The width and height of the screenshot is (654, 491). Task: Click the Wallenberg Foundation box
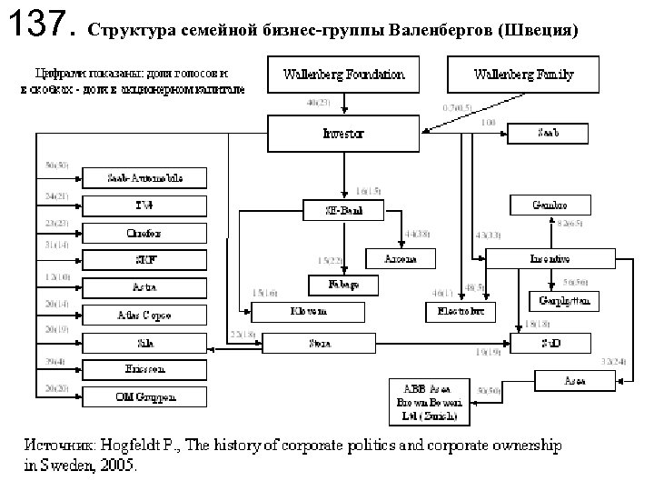[344, 74]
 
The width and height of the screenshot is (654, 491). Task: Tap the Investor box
[343, 134]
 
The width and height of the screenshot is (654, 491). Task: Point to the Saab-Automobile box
[144, 178]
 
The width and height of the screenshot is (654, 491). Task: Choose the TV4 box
[144, 205]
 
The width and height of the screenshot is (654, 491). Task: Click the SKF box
[144, 260]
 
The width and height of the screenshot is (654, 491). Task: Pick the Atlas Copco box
[144, 316]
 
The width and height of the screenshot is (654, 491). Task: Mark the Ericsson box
[144, 369]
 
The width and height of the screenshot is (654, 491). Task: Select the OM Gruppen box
[144, 396]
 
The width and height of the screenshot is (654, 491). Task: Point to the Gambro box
[550, 204]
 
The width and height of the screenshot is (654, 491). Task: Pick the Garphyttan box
[564, 299]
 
